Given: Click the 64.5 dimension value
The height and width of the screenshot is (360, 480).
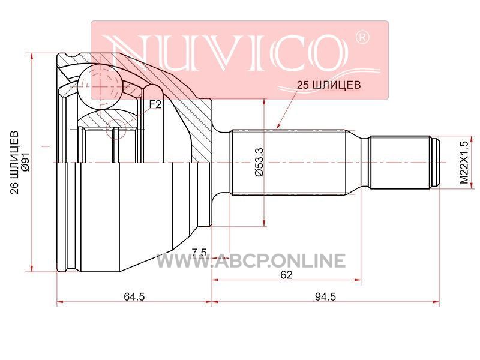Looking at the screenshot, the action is point(134,296).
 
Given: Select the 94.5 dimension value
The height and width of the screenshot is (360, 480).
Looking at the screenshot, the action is point(326,296).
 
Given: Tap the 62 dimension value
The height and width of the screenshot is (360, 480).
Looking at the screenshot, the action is point(287,275).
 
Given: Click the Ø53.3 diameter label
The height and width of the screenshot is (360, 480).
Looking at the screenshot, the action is point(259,162).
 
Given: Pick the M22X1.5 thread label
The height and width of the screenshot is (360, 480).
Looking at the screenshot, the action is point(464,163).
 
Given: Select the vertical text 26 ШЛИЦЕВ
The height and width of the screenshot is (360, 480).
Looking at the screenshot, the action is point(14,162).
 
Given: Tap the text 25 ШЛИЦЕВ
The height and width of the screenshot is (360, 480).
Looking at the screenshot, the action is point(329,85).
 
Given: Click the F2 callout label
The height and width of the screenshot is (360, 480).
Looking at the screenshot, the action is point(155,104).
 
